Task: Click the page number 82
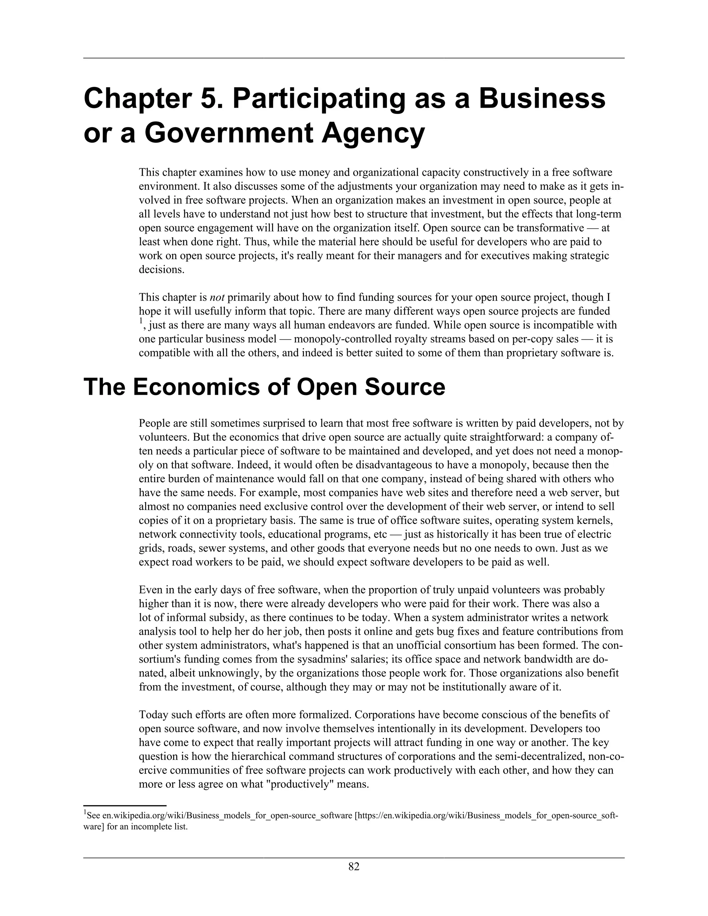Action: click(354, 867)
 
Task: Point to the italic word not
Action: click(217, 298)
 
